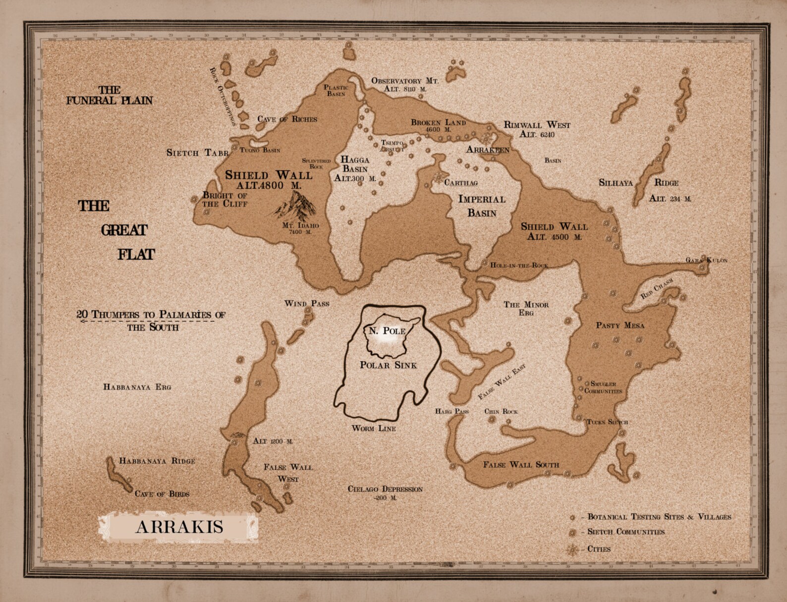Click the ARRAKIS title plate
pyautogui.click(x=179, y=527)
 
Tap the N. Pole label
pyautogui.click(x=387, y=331)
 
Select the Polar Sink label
pyautogui.click(x=388, y=365)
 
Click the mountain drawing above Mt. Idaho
pyautogui.click(x=295, y=206)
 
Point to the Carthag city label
pyautogui.click(x=460, y=183)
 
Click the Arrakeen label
pyautogui.click(x=488, y=149)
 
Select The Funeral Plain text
pyautogui.click(x=110, y=95)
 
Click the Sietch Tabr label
pyautogui.click(x=197, y=153)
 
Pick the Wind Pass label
pyautogui.click(x=306, y=303)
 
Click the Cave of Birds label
pyautogui.click(x=162, y=493)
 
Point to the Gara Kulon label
pyautogui.click(x=706, y=260)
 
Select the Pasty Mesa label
pyautogui.click(x=619, y=326)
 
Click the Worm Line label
pyautogui.click(x=374, y=428)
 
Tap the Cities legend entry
pyautogui.click(x=599, y=549)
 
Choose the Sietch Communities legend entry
pyautogui.click(x=625, y=532)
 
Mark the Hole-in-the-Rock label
pyautogui.click(x=519, y=265)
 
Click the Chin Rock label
pyautogui.click(x=501, y=411)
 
